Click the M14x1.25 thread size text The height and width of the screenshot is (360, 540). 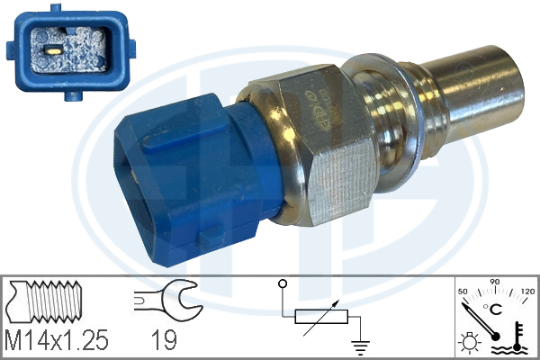click(x=57, y=340)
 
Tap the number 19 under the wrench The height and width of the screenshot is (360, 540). click(x=165, y=340)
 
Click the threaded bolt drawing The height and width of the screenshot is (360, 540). click(x=45, y=301)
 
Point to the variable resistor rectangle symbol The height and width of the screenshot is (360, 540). click(x=321, y=317)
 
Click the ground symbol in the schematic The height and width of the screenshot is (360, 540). click(x=360, y=347)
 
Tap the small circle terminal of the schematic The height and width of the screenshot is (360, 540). click(x=283, y=283)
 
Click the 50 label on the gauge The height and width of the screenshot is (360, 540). click(x=463, y=292)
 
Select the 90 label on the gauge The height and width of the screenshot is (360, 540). click(x=494, y=282)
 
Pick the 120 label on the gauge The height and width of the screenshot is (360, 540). click(x=527, y=292)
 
